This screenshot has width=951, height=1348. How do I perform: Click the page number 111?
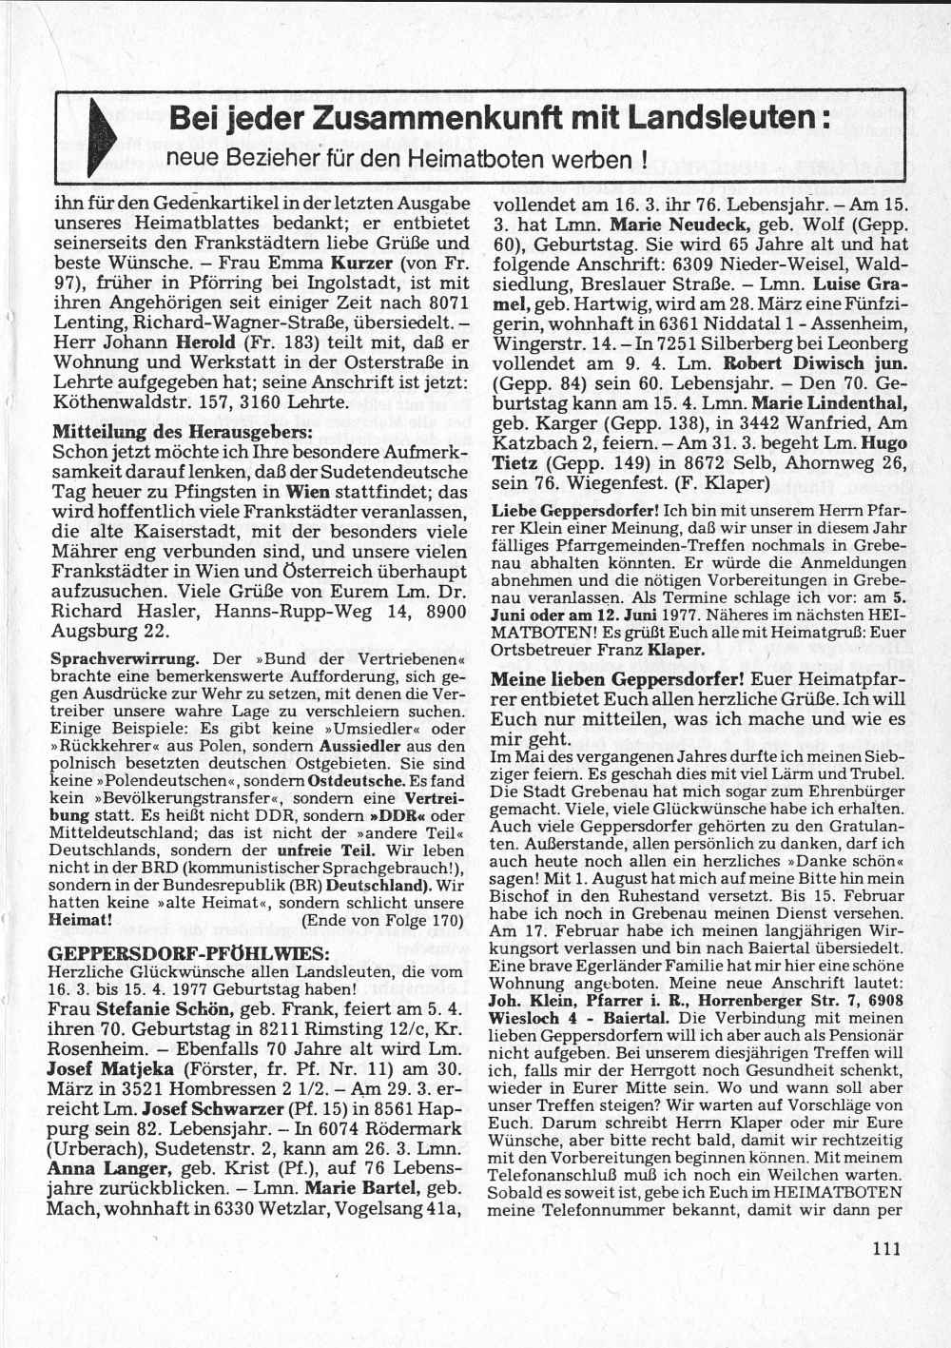click(x=884, y=1248)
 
